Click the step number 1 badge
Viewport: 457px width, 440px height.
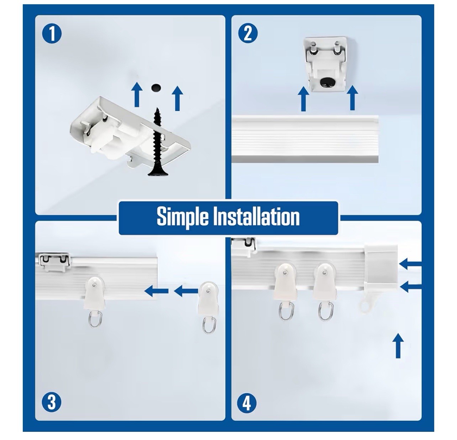52,34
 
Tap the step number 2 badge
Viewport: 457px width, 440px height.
248,34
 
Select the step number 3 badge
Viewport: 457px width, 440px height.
51,402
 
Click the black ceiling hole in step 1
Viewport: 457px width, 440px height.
156,87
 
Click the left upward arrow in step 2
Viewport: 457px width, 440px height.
303,99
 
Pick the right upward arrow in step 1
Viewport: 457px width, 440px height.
177,98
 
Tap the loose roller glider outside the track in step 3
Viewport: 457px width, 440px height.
208,307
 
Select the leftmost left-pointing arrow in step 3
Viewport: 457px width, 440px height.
156,291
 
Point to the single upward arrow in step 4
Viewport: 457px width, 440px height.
398,345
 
